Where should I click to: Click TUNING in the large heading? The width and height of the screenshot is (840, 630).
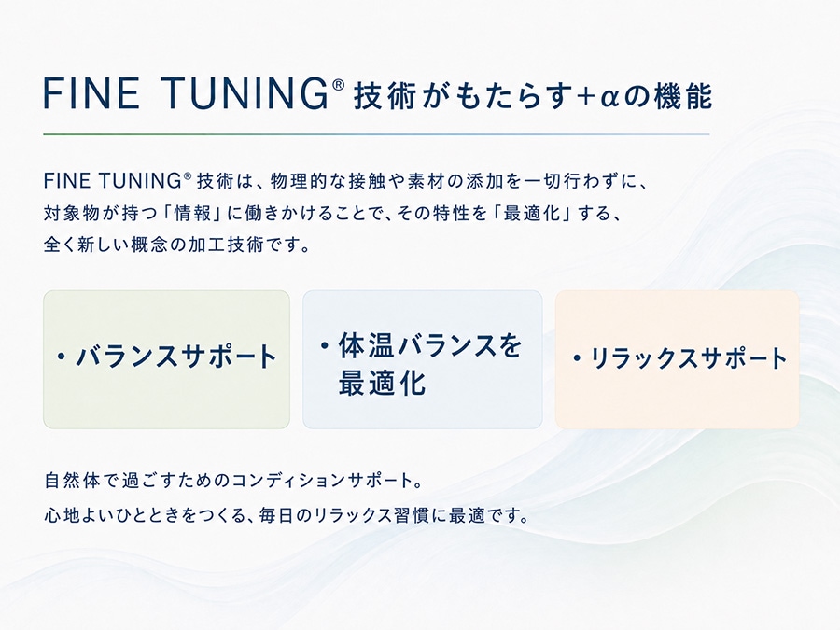coord(245,93)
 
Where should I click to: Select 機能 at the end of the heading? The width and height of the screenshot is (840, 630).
coord(683,96)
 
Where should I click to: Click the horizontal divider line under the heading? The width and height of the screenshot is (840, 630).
coord(376,133)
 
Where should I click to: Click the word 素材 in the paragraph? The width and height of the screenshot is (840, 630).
coord(426,181)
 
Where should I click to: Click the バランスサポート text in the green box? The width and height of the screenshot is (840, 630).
coord(176,357)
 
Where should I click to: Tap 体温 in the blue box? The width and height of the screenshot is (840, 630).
coord(365,345)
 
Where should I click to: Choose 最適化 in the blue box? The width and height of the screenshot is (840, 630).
coord(382,383)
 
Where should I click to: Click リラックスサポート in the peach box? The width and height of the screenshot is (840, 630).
coord(689,357)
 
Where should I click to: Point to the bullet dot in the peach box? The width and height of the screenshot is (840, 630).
coord(577,357)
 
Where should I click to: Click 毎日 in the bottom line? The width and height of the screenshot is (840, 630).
coord(276,515)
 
